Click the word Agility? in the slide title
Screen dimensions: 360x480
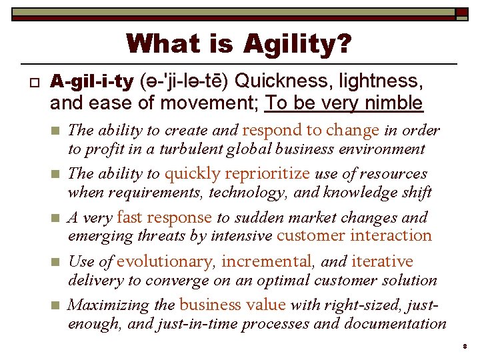[297, 44]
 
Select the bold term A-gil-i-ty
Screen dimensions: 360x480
[92, 82]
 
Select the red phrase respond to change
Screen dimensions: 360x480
[311, 130]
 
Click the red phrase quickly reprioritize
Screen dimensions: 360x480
[237, 174]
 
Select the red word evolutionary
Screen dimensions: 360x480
[169, 261]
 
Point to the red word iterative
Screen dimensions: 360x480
[382, 261]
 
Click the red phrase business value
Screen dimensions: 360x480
[232, 305]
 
